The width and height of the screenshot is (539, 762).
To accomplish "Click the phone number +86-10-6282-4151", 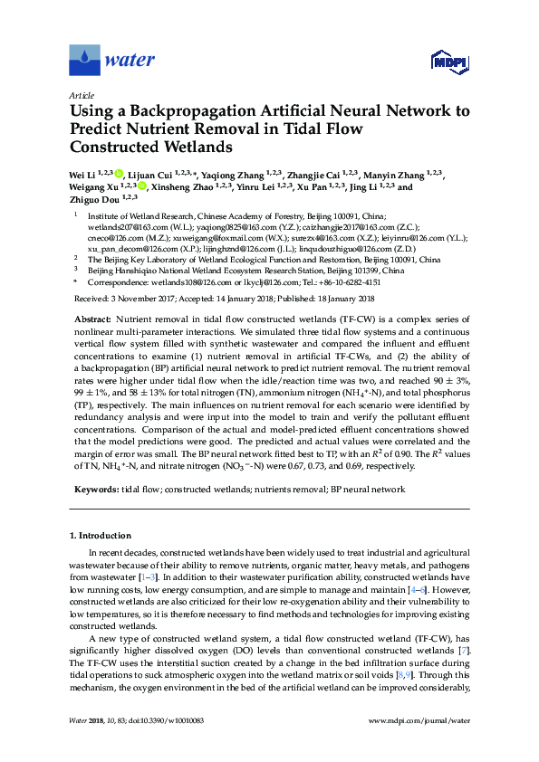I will coord(343,282).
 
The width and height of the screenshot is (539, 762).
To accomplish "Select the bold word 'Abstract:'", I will coord(91,320).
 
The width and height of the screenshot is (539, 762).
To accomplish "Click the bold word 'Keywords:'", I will coord(94,489).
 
